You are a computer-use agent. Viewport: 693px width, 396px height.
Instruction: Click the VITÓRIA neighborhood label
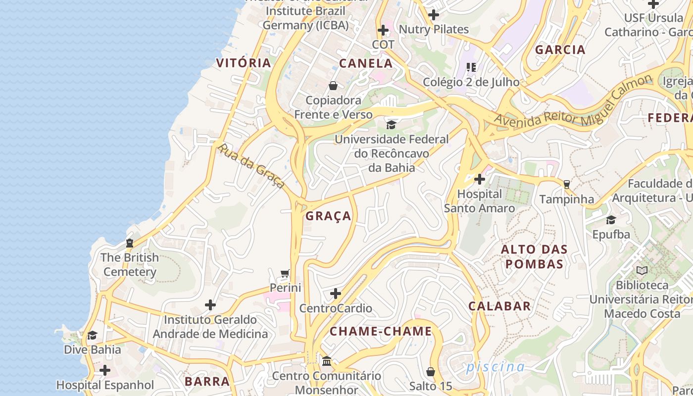pos(244,63)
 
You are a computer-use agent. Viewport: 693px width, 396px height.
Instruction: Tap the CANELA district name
pos(366,63)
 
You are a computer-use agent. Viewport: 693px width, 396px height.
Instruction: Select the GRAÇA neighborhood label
pos(328,216)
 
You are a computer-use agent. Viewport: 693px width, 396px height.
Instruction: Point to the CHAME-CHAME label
pos(381,331)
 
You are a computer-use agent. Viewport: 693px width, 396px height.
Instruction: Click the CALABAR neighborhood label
pos(499,306)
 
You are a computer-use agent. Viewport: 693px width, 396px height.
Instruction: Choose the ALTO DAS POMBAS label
pos(534,256)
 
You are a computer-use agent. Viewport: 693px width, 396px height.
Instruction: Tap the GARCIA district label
pos(560,49)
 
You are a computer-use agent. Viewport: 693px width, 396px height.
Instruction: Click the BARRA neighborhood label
pos(207,381)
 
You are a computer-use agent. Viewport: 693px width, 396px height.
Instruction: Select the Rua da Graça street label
pos(251,166)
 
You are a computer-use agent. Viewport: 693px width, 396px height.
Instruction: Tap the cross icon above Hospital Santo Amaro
pos(479,179)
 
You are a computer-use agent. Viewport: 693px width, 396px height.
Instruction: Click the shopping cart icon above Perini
pos(285,273)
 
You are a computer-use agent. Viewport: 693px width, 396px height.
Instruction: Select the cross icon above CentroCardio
pos(336,294)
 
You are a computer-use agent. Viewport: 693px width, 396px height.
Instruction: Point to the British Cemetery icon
pos(130,243)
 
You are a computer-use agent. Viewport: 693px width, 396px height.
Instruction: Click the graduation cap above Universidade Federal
pos(391,125)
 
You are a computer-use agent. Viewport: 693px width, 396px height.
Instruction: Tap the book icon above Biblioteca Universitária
pos(642,270)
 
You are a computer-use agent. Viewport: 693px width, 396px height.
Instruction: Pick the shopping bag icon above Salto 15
pos(431,371)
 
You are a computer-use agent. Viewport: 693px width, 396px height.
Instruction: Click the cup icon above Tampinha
pos(566,185)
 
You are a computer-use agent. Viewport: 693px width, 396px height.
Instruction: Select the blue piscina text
pos(495,367)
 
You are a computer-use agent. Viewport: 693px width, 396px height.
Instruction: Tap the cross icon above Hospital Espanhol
pos(105,370)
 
